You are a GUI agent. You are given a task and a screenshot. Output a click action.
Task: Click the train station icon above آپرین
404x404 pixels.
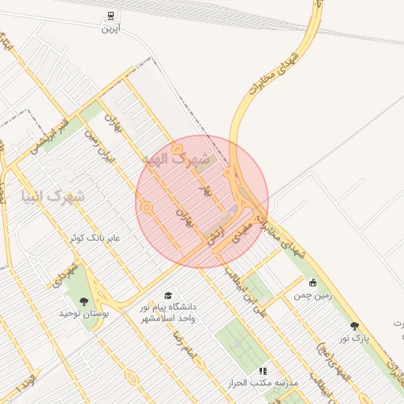110,15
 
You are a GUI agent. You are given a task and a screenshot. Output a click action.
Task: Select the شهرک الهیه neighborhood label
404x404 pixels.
178,159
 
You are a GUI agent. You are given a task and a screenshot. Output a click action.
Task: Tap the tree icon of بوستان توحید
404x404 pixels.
84,301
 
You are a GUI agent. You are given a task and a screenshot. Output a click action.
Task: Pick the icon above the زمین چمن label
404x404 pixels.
312,282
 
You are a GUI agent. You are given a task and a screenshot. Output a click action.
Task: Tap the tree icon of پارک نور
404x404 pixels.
354,325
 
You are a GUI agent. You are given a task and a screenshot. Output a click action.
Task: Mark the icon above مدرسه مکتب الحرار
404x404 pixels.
263,370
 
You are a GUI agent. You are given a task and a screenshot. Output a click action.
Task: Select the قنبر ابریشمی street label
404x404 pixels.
50,135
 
